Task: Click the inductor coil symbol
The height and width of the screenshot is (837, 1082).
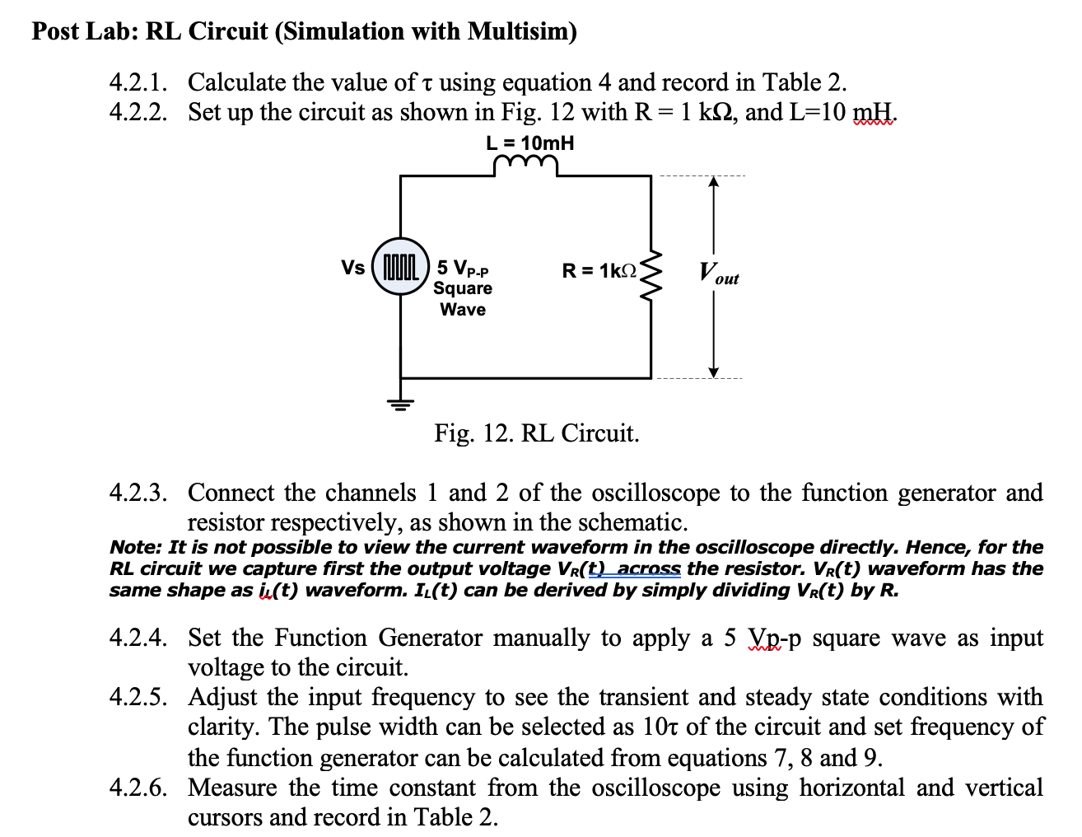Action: pyautogui.click(x=526, y=167)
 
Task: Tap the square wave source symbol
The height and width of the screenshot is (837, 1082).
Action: pyautogui.click(x=401, y=267)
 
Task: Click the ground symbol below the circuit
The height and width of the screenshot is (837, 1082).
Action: pyautogui.click(x=401, y=403)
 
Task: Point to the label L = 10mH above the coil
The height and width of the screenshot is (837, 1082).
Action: pyautogui.click(x=530, y=143)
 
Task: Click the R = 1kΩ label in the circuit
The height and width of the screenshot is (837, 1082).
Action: pyautogui.click(x=599, y=270)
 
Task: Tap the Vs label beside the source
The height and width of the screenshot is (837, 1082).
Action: pyautogui.click(x=353, y=268)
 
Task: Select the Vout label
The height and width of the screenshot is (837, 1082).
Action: pyautogui.click(x=717, y=273)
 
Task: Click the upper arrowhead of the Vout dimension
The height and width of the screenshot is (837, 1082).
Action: pyautogui.click(x=714, y=184)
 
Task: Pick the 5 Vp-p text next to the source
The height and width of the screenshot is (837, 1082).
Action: pyautogui.click(x=463, y=268)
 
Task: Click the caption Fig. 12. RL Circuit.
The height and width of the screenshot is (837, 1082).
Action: pyautogui.click(x=537, y=433)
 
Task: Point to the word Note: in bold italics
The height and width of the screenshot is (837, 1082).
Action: pyautogui.click(x=136, y=547)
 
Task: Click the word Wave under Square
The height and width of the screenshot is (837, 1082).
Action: pyautogui.click(x=463, y=310)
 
